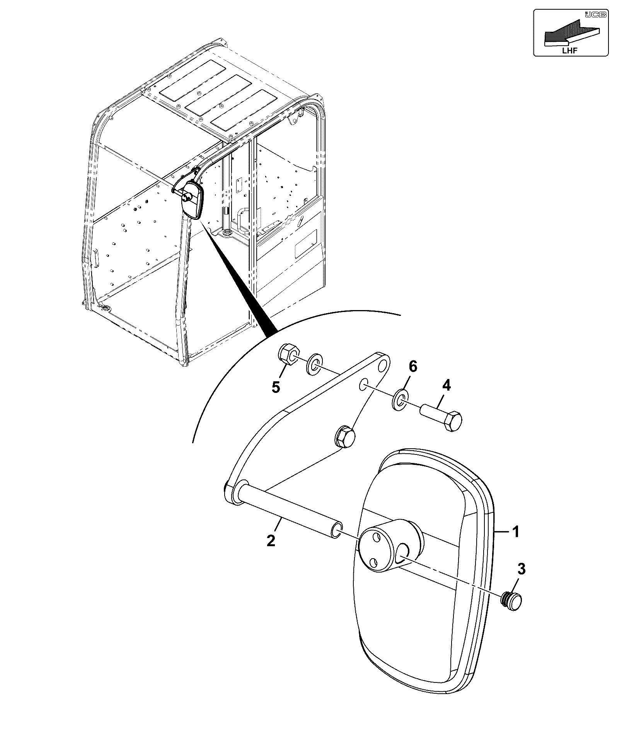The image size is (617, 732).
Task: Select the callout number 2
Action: tap(271, 540)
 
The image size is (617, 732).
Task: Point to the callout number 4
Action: tap(446, 386)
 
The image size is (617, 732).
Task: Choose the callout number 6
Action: tap(413, 366)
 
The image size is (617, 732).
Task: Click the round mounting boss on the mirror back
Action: tap(390, 545)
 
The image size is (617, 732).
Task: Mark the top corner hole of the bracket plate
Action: tap(383, 365)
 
